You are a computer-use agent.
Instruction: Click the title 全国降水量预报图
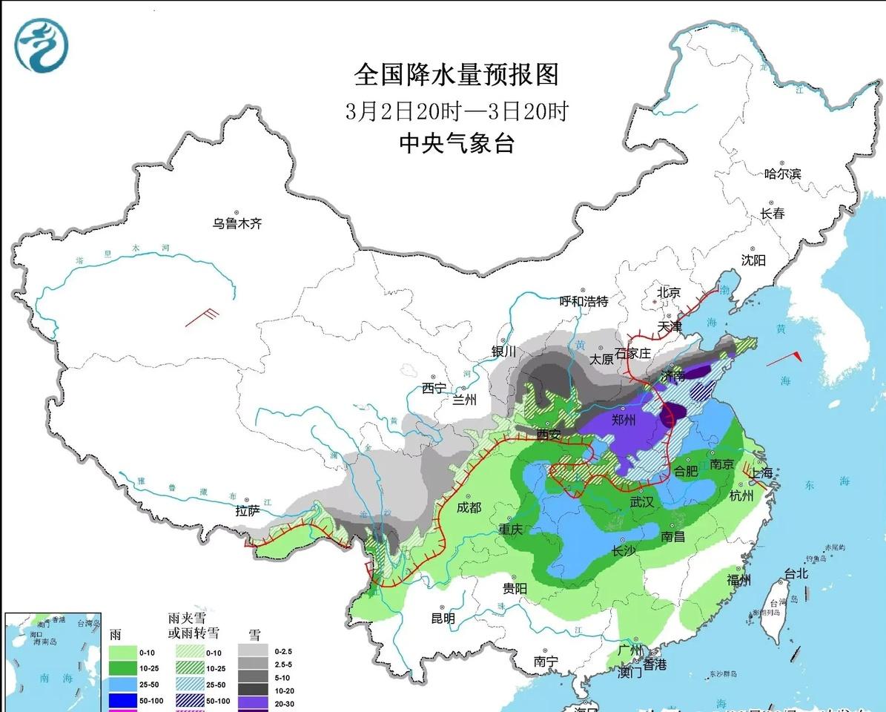[456, 75]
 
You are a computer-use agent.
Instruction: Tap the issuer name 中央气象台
[456, 142]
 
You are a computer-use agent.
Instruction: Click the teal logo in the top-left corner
[41, 44]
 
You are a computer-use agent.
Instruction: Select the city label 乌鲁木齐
[237, 222]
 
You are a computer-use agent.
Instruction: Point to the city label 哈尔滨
[783, 174]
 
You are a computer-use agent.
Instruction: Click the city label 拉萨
[248, 510]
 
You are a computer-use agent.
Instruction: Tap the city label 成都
[469, 507]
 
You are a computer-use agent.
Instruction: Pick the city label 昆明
[443, 618]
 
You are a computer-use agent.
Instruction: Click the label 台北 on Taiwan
[796, 573]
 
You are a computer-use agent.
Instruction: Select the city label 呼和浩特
[583, 301]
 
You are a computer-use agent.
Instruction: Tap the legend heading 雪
[254, 635]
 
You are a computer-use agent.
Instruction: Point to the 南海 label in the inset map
[46, 678]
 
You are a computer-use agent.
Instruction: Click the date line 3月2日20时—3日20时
[456, 111]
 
